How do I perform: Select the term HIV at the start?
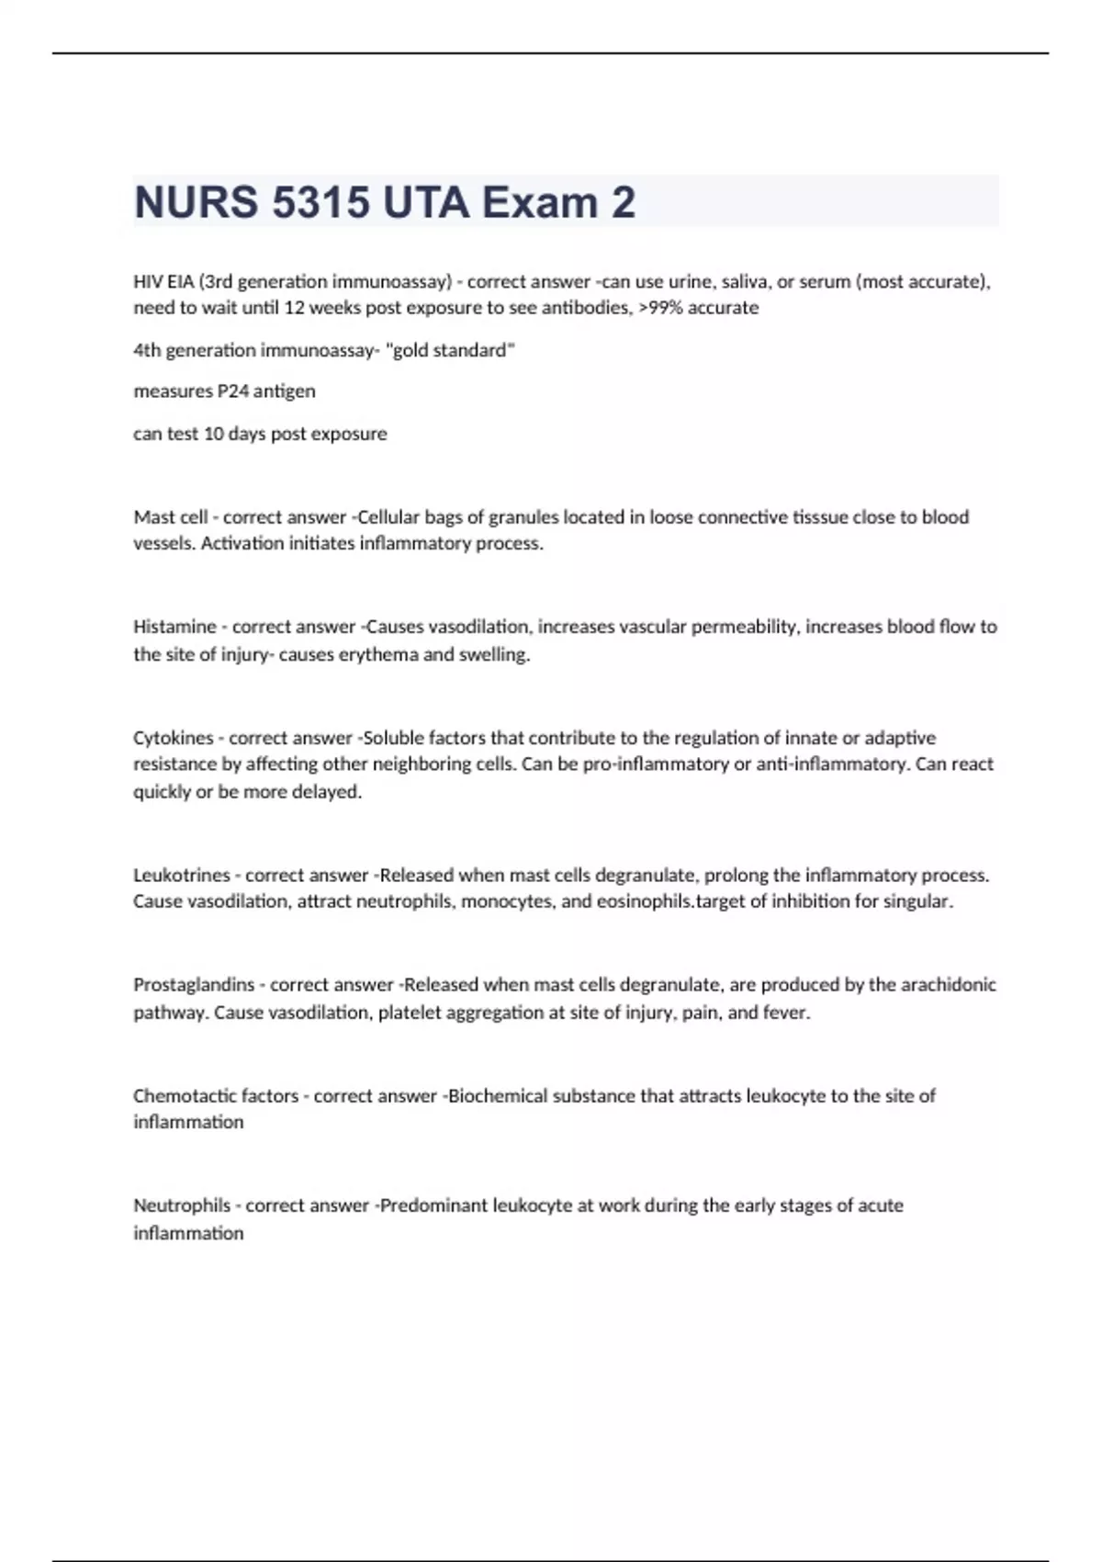(148, 281)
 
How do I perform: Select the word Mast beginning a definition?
(152, 517)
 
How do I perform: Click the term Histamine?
(174, 627)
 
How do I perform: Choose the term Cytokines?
(173, 738)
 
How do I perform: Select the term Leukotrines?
(181, 876)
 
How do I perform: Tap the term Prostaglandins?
(194, 985)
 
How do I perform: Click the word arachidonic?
(948, 985)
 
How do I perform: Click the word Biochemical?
(497, 1096)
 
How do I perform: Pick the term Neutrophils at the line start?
(182, 1205)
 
